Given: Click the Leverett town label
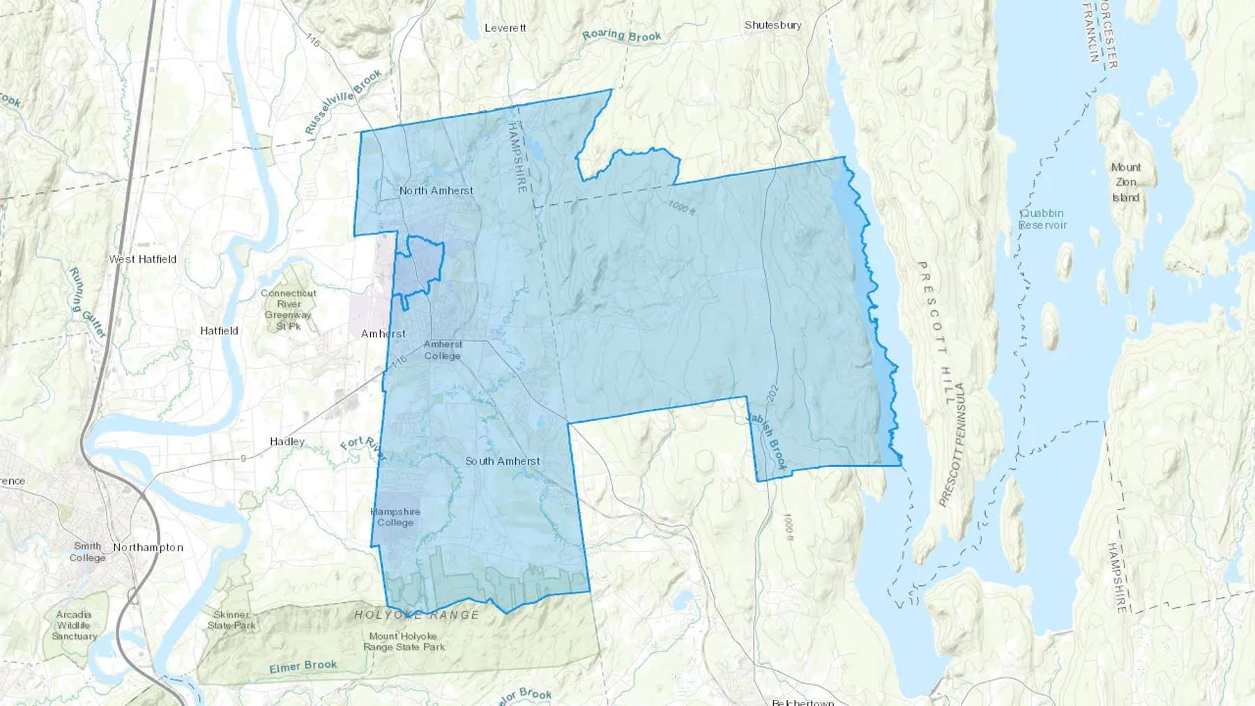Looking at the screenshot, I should (505, 28).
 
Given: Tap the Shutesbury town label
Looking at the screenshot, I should (773, 25).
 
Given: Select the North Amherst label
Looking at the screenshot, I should (436, 190).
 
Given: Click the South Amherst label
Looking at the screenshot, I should (502, 461).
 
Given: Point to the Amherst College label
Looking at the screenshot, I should (443, 350).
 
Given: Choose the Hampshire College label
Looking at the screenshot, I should (395, 517).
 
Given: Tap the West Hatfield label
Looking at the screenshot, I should (143, 259).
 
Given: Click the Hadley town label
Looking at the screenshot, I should (287, 442).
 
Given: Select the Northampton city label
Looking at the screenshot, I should (148, 548).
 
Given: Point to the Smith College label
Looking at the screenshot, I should (87, 552).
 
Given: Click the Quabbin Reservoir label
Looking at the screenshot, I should (1042, 219).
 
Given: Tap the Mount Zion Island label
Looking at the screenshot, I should (1125, 183).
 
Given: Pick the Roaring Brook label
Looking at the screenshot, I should (622, 36).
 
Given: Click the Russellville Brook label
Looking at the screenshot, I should (343, 102).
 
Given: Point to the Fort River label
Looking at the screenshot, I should (363, 449).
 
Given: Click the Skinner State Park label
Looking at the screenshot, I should (231, 620).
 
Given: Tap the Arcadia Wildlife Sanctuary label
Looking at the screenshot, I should (74, 625).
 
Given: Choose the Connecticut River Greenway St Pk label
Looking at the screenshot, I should (289, 309).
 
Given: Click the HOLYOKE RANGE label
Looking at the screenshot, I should (417, 615).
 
